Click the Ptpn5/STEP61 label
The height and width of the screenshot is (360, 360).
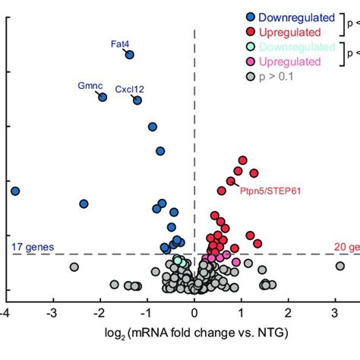pyautogui.click(x=270, y=191)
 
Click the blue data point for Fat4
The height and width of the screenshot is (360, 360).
pyautogui.click(x=130, y=55)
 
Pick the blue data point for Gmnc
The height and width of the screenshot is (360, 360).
pyautogui.click(x=103, y=97)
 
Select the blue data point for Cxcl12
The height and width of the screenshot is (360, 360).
pyautogui.click(x=137, y=100)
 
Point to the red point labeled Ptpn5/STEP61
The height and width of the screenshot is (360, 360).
pyautogui.click(x=230, y=182)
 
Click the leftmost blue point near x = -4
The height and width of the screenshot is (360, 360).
pyautogui.click(x=14, y=191)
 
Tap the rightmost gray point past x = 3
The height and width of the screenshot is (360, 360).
pyautogui.click(x=340, y=266)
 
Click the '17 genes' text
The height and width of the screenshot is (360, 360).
pyautogui.click(x=27, y=247)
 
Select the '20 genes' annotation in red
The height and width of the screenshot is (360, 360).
pyautogui.click(x=346, y=247)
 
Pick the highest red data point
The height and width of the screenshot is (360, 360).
pyautogui.click(x=243, y=160)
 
